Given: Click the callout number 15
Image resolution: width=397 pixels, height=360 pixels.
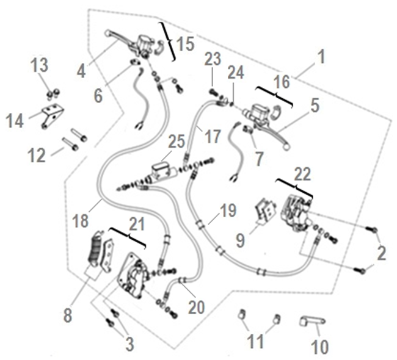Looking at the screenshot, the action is point(185,43).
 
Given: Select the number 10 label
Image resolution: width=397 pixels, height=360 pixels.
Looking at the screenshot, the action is point(320,346).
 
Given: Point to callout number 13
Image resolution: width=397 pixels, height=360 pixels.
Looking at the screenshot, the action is point(39,65).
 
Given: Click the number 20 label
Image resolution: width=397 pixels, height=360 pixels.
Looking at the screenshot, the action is point(196,307).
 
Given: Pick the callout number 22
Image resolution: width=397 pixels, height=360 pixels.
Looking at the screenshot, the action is point(302,174).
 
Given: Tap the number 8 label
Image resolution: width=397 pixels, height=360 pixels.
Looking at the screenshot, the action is point(68,315).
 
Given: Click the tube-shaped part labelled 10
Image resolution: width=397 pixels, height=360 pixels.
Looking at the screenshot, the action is point(312,321).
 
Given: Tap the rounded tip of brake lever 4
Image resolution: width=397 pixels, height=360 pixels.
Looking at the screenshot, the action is point(107,33).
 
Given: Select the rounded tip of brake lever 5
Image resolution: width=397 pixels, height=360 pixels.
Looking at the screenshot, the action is point(287,146).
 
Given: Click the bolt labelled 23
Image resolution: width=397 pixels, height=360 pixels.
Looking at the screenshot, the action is point(213,92).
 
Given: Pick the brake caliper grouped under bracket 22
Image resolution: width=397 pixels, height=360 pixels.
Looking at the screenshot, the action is point(296,212).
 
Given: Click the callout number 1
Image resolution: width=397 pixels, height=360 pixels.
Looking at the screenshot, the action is point(321,57).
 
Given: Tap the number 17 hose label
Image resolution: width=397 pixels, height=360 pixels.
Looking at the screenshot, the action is point(213,136).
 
